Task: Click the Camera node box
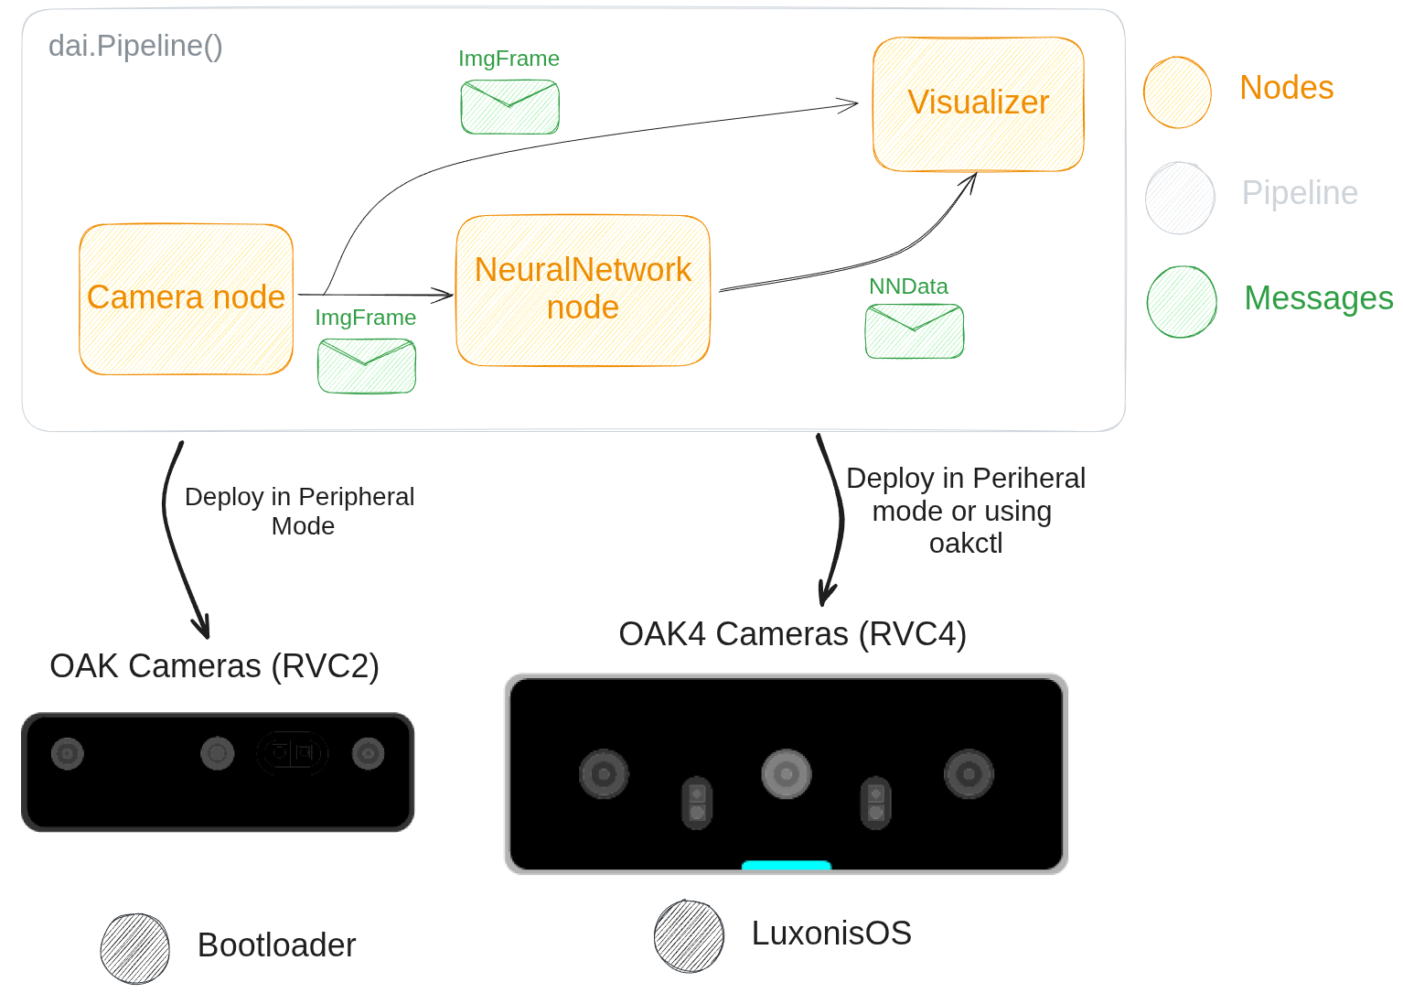pyautogui.click(x=186, y=299)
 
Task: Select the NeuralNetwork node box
pyautogui.click(x=583, y=290)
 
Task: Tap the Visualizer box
pyautogui.click(x=978, y=103)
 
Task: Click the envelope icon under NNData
pyautogui.click(x=914, y=330)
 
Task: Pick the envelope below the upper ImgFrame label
pyautogui.click(x=509, y=106)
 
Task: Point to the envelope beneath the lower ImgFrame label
pyautogui.click(x=366, y=365)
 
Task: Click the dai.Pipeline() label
pyautogui.click(x=135, y=46)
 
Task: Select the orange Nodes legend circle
pyautogui.click(x=1177, y=92)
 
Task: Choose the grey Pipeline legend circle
pyautogui.click(x=1180, y=198)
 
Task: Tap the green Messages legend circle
pyautogui.click(x=1182, y=302)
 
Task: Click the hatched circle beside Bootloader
pyautogui.click(x=135, y=948)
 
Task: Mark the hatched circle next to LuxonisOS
pyautogui.click(x=689, y=935)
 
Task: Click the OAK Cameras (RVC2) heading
pyautogui.click(x=214, y=666)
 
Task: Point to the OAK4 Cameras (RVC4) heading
pyautogui.click(x=792, y=634)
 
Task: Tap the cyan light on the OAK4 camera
pyautogui.click(x=786, y=865)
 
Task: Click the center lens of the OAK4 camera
pyautogui.click(x=786, y=773)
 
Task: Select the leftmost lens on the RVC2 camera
pyautogui.click(x=68, y=754)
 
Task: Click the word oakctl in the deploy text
pyautogui.click(x=966, y=544)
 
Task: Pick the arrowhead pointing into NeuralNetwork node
pyautogui.click(x=445, y=295)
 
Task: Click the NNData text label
pyautogui.click(x=908, y=286)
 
